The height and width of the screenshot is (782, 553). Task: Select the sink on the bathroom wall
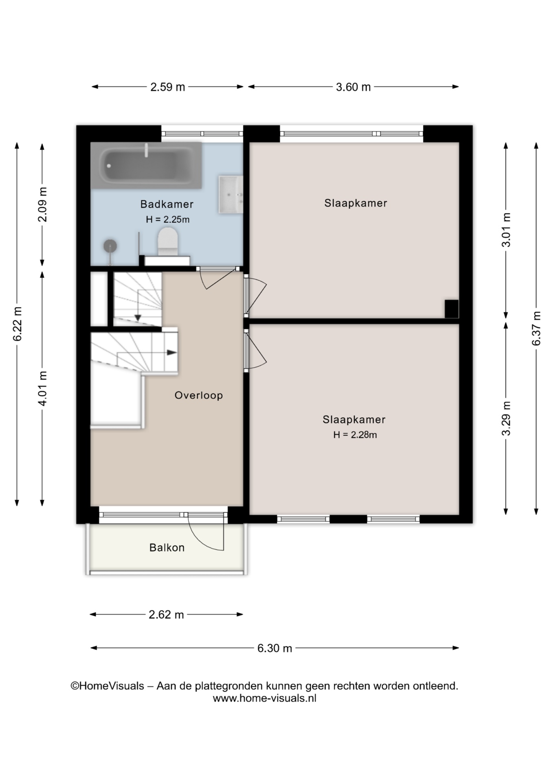(230, 195)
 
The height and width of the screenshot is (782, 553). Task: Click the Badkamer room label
(167, 204)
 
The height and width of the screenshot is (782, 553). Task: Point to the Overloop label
(199, 395)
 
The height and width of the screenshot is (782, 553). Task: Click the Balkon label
(167, 547)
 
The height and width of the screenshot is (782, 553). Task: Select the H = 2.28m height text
(355, 435)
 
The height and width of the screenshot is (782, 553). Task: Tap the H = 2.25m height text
(168, 220)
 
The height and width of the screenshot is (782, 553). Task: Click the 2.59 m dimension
(168, 87)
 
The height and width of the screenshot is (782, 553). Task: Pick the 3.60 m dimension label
(353, 87)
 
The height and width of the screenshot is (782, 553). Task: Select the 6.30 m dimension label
(275, 648)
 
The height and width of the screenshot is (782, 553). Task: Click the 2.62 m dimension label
(166, 615)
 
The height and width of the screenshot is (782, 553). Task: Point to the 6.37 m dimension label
(536, 328)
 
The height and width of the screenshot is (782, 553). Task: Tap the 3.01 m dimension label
(506, 230)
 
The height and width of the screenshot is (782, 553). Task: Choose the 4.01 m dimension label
(42, 388)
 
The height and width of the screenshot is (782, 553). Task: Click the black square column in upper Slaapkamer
(452, 309)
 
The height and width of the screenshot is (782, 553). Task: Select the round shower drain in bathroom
(110, 246)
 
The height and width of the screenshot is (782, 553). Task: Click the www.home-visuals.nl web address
(265, 698)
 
